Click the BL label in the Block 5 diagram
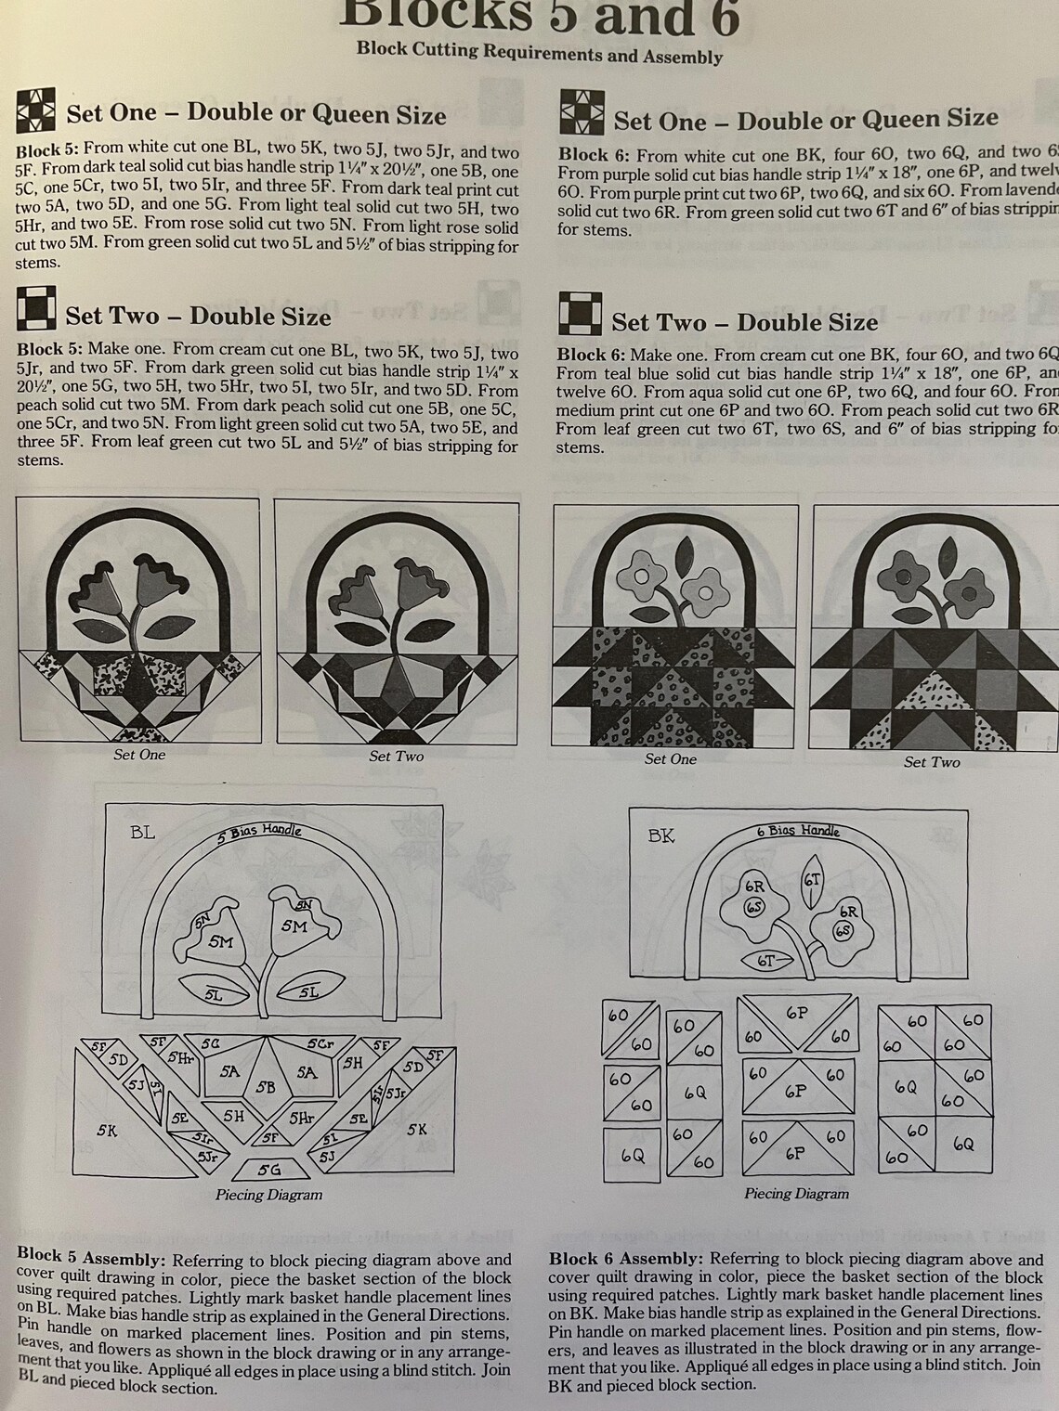pos(142,833)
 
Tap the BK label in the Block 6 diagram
pos(661,835)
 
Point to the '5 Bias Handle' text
pos(259,830)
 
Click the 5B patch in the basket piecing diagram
pos(267,1086)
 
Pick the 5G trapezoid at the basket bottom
pos(268,1170)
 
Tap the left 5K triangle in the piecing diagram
pos(108,1130)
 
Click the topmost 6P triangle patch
pos(796,1013)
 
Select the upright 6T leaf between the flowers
pos(812,876)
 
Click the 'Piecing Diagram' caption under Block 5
pos(268,1195)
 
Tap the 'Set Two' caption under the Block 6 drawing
pos(932,762)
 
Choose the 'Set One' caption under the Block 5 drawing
pos(139,755)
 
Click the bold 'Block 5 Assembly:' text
pos(91,1259)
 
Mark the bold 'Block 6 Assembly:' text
pos(625,1259)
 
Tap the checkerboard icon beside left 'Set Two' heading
pos(36,310)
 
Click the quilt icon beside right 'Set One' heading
pos(582,113)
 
